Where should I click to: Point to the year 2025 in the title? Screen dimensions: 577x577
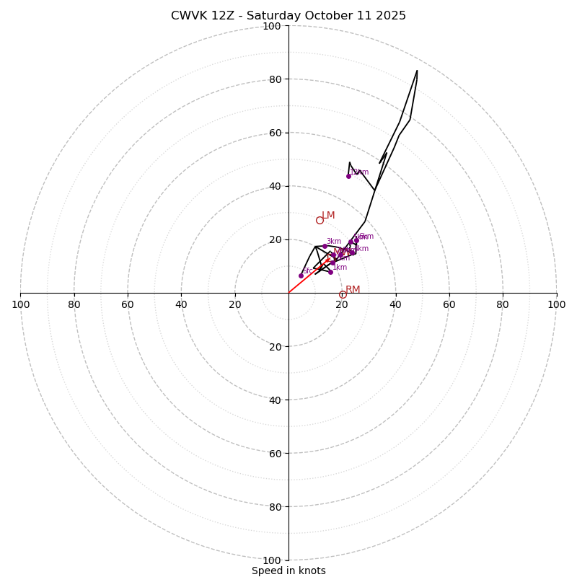point(389,16)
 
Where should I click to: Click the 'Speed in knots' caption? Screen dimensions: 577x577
point(288,571)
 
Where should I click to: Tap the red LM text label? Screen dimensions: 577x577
point(328,216)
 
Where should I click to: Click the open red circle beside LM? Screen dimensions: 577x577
point(320,220)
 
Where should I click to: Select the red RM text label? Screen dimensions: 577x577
point(353,289)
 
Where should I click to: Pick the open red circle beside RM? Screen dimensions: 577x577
point(343,294)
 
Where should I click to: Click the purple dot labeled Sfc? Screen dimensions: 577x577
point(301,276)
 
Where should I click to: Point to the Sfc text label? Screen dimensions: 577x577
point(307,271)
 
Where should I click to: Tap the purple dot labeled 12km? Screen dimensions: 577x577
point(348,176)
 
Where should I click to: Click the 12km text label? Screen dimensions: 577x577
point(360,172)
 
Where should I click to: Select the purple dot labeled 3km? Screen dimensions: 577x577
point(325,246)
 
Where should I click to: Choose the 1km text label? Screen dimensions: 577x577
point(340,268)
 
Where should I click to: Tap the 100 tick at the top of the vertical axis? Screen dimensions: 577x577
point(272,26)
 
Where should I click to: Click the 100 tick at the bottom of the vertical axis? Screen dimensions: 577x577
point(272,560)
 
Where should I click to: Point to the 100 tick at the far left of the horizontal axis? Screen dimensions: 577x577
point(20,304)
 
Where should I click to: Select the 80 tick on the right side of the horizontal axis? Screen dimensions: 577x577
point(503,304)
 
